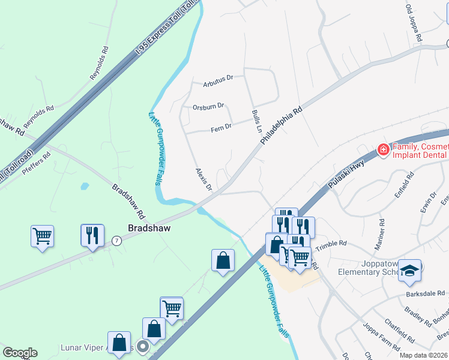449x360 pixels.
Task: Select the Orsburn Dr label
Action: tap(208, 106)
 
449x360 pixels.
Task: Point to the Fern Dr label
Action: tap(221, 127)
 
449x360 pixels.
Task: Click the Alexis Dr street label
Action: tap(204, 179)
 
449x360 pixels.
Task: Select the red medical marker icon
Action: tap(382, 150)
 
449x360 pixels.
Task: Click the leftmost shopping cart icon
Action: tap(42, 236)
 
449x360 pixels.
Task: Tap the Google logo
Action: tap(20, 353)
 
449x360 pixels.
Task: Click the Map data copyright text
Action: tap(423, 355)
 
